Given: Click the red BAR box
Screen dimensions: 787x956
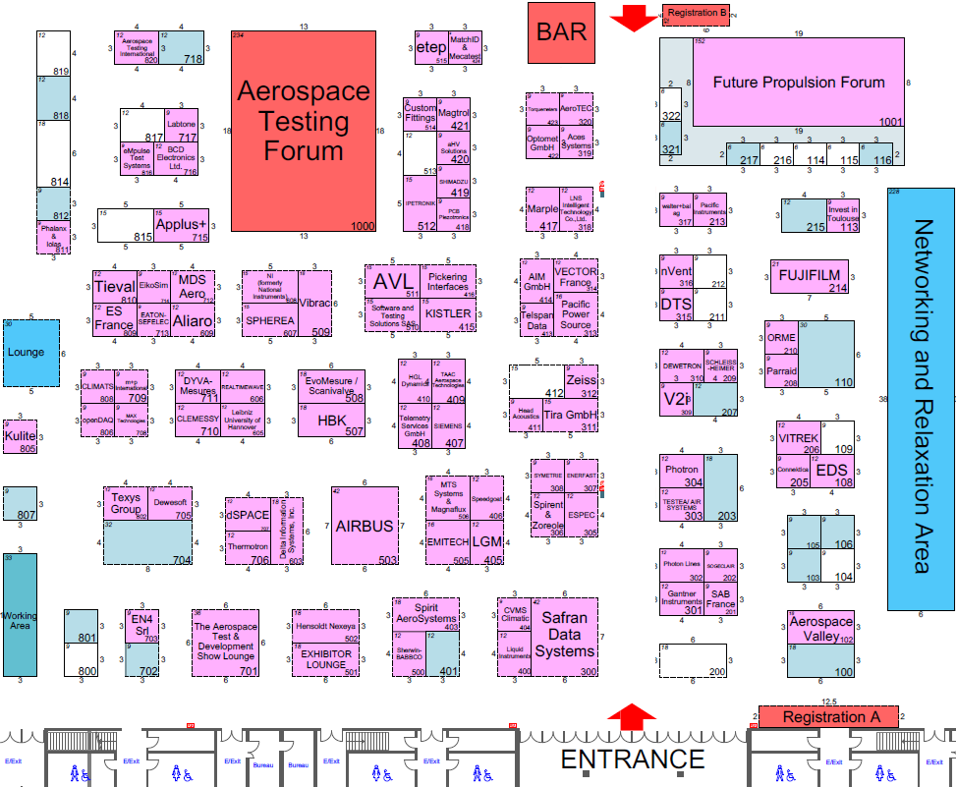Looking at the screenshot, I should coord(561,31).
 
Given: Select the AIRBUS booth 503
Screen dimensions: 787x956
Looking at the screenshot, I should coord(365,526).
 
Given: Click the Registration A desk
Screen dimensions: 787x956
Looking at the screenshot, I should coord(827,716).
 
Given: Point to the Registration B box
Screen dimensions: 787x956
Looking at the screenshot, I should coord(696,14).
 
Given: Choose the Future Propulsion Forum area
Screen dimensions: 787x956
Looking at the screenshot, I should coord(798,83).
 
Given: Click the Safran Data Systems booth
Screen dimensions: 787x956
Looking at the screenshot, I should coord(565,635).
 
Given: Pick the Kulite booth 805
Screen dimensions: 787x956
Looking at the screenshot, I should coord(21,436).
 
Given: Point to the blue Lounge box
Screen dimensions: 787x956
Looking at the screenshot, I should coord(27,352).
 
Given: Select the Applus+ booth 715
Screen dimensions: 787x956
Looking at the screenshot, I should coord(182,224).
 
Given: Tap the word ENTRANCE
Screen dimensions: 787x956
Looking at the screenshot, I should coord(633,759).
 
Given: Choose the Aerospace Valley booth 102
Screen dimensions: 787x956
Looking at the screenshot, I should coord(820,629).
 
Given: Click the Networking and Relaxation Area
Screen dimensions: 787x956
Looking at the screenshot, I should coord(920,397).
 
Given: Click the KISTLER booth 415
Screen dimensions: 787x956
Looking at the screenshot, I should coord(448,312).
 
